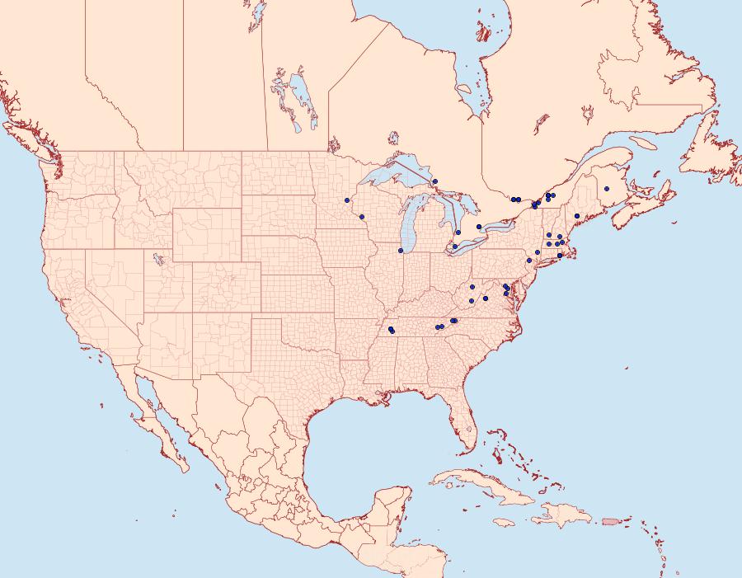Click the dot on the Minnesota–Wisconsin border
pos(347,200)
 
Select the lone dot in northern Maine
pos(607,189)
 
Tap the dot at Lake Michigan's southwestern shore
pos(401,251)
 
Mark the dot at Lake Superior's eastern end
pos(434,181)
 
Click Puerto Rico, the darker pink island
pos(610,520)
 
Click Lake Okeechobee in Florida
pos(468,428)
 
